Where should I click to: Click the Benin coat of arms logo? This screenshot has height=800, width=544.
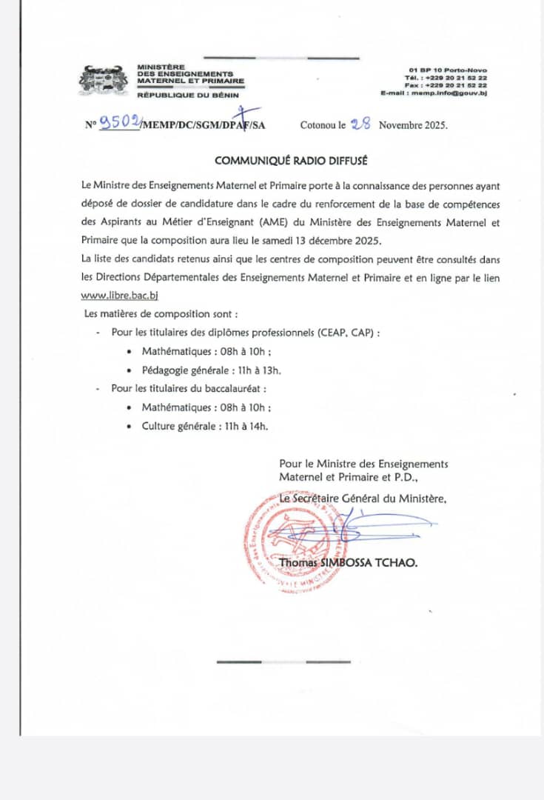coord(104,79)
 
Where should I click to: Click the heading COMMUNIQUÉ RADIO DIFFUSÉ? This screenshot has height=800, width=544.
coord(291,161)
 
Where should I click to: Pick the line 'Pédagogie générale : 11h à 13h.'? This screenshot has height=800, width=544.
coord(211,370)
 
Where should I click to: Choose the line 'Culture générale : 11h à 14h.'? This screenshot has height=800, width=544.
coord(205,426)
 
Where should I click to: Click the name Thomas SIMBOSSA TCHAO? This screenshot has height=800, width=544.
coord(348,563)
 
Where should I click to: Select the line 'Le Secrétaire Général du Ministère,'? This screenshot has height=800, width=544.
coord(363,499)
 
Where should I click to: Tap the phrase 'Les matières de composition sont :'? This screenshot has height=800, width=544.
coord(160,313)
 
